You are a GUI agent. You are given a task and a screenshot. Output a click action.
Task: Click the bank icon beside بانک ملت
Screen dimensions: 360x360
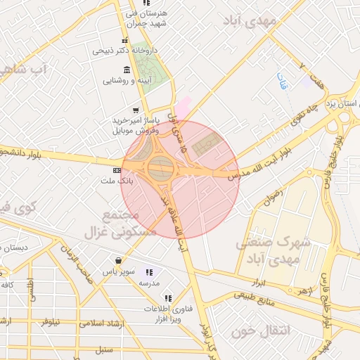(x=117, y=170)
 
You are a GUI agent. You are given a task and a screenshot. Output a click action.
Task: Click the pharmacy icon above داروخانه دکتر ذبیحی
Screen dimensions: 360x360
(x=125, y=40)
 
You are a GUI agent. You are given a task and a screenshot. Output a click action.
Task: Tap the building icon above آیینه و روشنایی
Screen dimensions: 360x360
(x=127, y=70)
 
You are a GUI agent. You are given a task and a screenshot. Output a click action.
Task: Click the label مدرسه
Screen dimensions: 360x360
(x=149, y=283)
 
